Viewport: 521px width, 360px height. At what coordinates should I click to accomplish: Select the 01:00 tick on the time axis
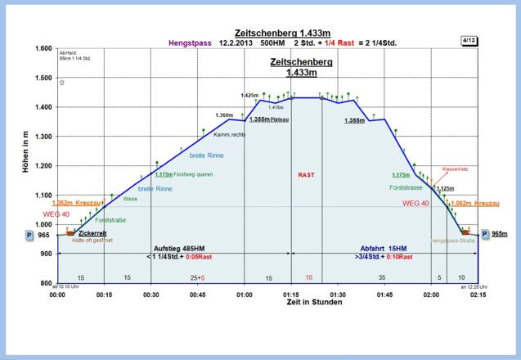(x=244, y=293)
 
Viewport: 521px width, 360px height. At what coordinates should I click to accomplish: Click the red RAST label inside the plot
(x=307, y=174)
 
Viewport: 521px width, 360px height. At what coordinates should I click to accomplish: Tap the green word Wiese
(x=130, y=199)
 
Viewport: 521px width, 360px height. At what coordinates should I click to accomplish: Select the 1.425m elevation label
(x=249, y=96)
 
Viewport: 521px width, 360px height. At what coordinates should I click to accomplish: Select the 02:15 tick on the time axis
(x=478, y=293)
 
